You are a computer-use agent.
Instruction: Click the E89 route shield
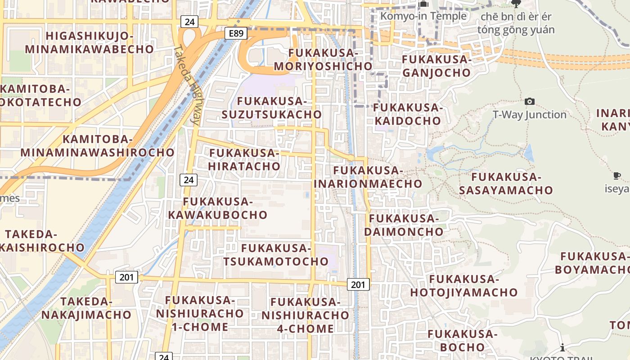point(236,33)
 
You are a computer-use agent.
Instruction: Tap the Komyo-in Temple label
point(423,16)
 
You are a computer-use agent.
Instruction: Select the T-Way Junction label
point(529,115)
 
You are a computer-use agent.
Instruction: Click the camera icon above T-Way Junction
point(530,102)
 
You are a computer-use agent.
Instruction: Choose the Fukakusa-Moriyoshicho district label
point(323,60)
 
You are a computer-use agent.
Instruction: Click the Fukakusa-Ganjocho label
point(436,66)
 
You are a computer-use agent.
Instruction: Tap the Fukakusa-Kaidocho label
point(408,114)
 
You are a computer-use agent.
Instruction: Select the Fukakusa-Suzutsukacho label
point(272,108)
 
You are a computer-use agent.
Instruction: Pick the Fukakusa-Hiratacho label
point(244,160)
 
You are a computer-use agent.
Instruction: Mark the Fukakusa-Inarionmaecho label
point(368,177)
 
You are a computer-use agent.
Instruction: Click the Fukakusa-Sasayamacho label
point(506,183)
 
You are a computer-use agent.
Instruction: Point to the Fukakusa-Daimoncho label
point(404,225)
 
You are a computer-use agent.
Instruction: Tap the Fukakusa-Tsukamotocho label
point(276,255)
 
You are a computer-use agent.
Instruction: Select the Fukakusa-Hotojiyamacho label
point(463,286)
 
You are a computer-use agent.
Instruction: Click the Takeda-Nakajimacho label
point(86,308)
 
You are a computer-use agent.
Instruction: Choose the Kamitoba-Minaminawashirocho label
point(97,146)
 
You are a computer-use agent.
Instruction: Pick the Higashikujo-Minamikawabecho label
point(89,43)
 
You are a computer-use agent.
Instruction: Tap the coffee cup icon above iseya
point(616,175)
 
